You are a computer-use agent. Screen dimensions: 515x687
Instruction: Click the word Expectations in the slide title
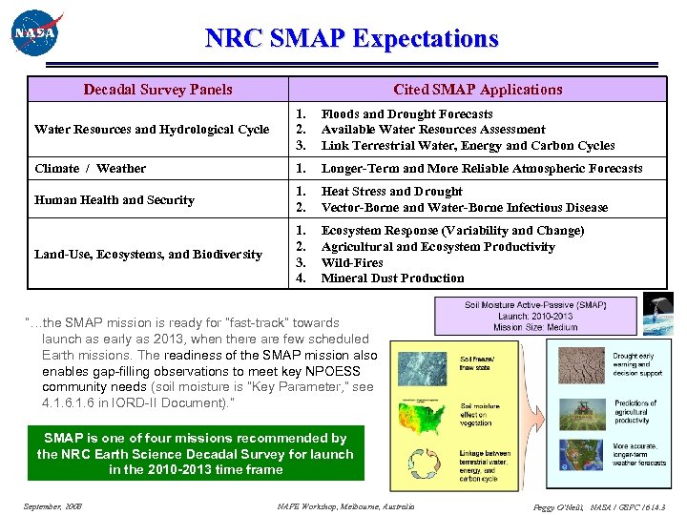tap(425, 39)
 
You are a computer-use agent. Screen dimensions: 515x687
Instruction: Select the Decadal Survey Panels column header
tap(157, 90)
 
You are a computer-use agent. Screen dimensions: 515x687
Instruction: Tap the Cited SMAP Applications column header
tap(478, 90)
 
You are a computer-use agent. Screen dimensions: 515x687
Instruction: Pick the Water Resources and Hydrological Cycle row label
tap(152, 130)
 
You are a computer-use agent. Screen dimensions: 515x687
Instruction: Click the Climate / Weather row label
tap(90, 169)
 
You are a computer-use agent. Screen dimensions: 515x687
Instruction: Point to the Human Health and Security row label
tap(114, 200)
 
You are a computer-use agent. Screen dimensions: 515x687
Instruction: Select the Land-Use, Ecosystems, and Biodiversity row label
tap(148, 255)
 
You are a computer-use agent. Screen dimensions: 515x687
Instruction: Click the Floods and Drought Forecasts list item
tap(406, 113)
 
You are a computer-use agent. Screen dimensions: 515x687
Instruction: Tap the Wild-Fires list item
tap(352, 262)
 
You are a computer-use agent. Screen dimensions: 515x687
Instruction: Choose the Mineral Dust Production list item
tap(392, 278)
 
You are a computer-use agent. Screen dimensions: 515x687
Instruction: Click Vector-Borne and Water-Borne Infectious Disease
tap(464, 208)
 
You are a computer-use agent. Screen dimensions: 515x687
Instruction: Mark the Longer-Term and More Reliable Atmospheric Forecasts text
tap(482, 169)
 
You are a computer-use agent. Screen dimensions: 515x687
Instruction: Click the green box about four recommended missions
tap(196, 454)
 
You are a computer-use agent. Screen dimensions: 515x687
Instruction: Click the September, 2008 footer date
tap(52, 505)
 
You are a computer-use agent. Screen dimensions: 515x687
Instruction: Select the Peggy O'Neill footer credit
tap(597, 506)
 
